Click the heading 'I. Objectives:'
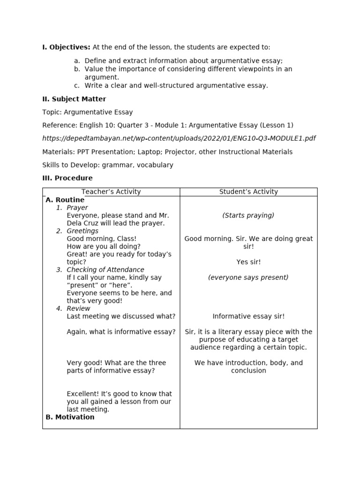pos(66,47)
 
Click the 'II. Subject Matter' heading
pos(74,99)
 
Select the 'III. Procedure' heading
pos(67,178)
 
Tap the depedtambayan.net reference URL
pos(179,138)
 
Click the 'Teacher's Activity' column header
pos(111,192)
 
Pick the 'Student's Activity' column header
pos(248,192)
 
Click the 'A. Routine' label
pos(65,200)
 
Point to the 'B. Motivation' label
pos(70,417)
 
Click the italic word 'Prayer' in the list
pos(77,208)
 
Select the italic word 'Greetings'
pos(82,231)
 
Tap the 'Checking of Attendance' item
pos(105,270)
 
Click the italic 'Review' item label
pos(78,308)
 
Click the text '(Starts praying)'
pos(248,216)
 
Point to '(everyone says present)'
pos(248,277)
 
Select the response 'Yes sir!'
pos(248,262)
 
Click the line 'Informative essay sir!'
pos(248,316)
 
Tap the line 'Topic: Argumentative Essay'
pos(88,112)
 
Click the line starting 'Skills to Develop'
pos(108,165)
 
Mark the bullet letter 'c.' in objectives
pos(77,85)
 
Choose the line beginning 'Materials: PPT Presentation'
pos(167,152)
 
